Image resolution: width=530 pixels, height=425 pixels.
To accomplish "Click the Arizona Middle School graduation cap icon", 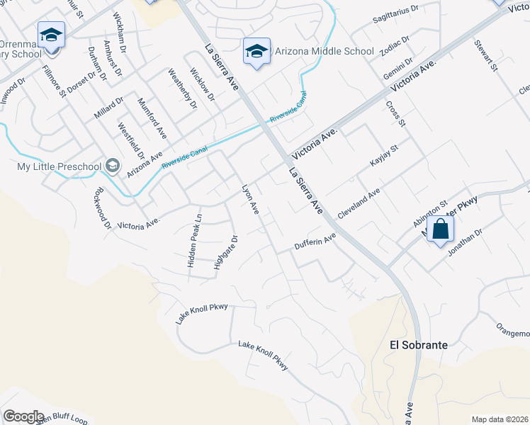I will pos(256,50).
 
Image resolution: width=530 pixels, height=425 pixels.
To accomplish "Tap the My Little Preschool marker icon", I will pos(111,166).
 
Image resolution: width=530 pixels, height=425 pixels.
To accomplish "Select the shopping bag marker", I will pos(441,229).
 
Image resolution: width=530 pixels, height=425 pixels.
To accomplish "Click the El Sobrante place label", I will pos(419,345).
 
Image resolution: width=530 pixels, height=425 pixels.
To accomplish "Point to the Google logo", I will pos(23,416).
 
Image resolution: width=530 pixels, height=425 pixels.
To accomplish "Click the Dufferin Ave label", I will pos(315,244).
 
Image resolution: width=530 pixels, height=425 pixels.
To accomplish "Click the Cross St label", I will pos(395,113).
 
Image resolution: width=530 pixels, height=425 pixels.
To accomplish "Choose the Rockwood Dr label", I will pos(102,208).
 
